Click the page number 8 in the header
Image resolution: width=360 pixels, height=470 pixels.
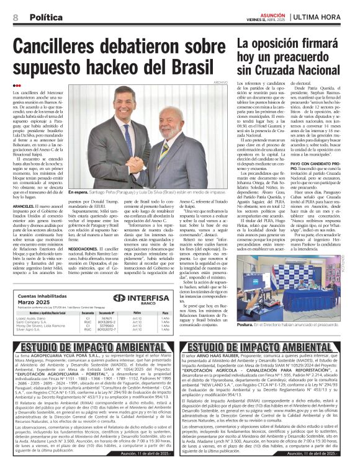coord(14,17)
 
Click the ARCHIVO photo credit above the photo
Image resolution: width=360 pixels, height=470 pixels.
coord(220,82)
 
